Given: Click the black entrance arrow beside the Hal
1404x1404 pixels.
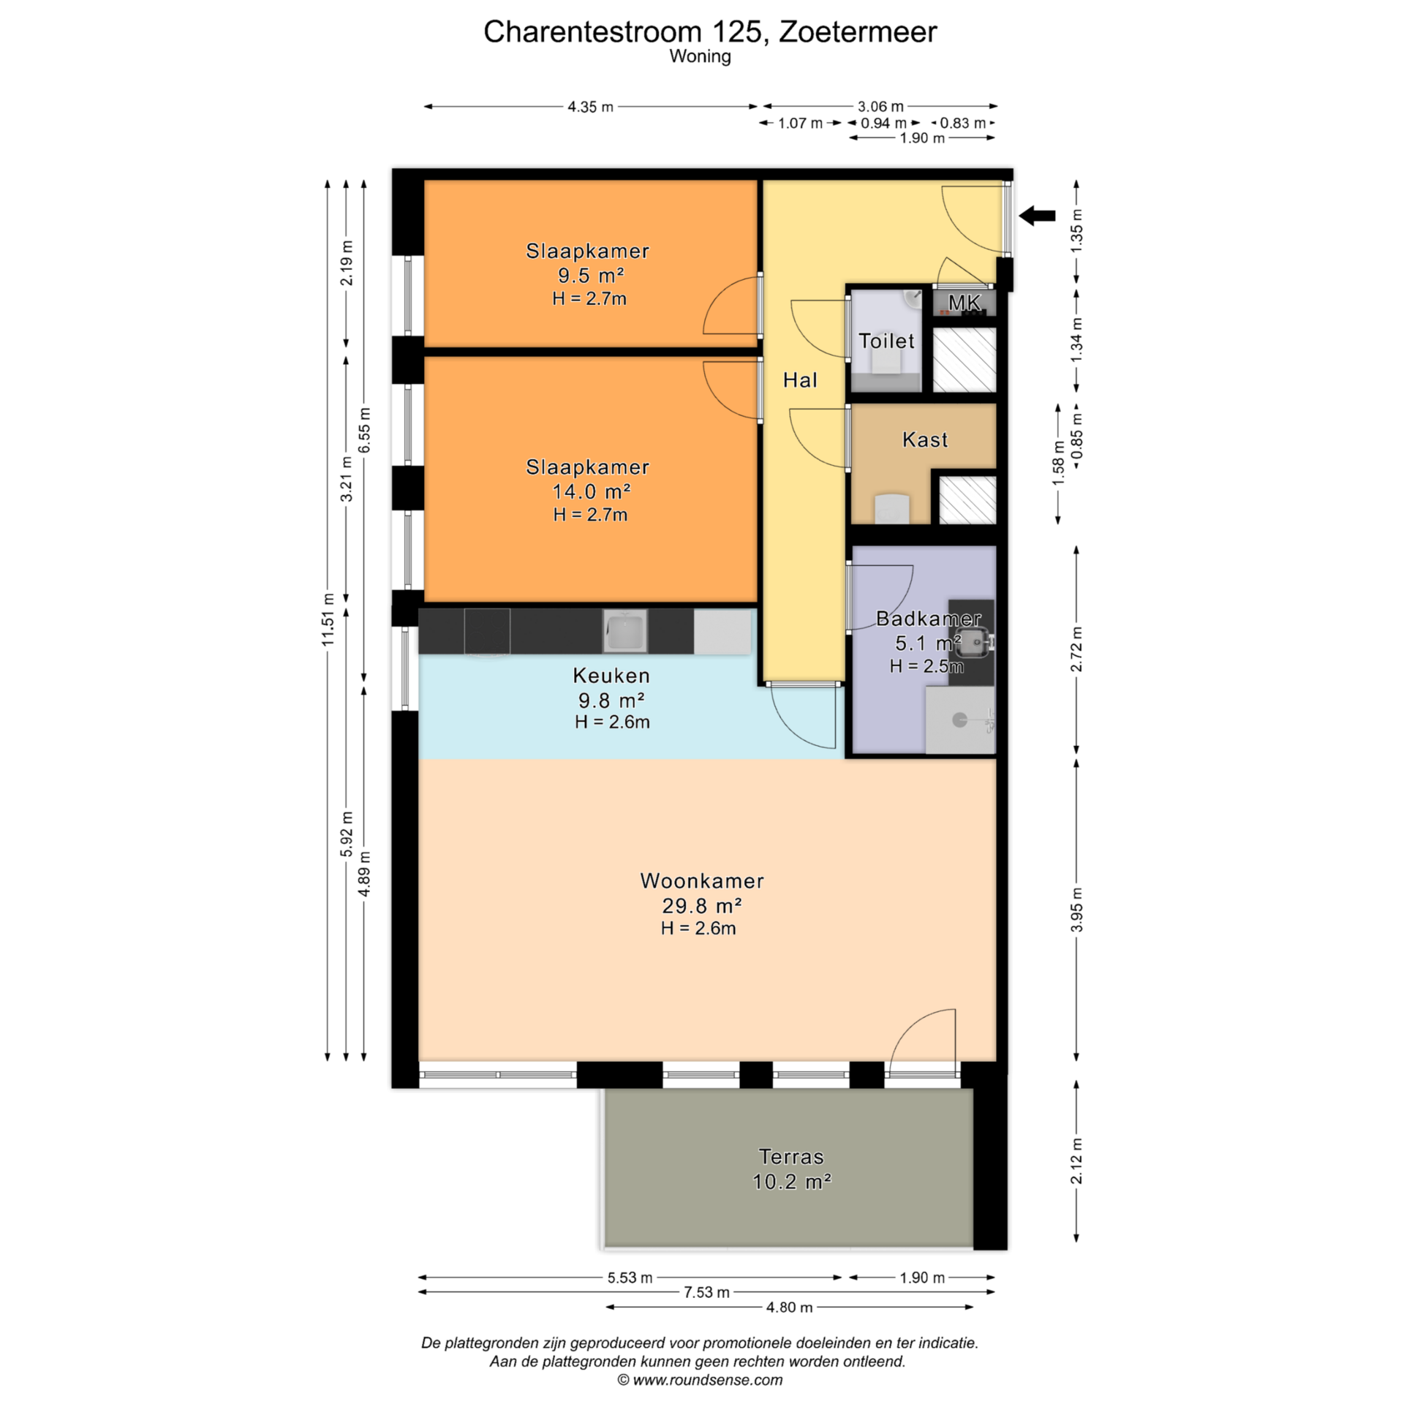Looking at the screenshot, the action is pos(1037,216).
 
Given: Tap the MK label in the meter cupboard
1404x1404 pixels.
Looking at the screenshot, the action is pos(965,303).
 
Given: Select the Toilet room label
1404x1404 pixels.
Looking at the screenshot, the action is pos(886,341).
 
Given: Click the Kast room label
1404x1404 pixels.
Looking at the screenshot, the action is pos(925,439).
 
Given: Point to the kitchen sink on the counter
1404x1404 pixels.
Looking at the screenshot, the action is pos(625,630).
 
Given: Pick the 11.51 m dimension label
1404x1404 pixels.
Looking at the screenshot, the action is pos(328,619).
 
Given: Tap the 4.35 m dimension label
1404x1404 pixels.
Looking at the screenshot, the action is pos(590,107).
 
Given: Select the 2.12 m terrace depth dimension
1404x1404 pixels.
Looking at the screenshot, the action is pos(1076,1160).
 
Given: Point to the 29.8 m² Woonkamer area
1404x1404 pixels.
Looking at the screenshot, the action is pos(702,906).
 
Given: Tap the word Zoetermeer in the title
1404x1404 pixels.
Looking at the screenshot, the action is pos(857,31).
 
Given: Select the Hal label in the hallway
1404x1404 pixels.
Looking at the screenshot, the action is pos(800,380).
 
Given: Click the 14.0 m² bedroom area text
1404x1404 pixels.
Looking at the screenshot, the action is pos(591,491).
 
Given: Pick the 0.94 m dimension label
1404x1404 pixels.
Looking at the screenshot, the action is pos(883,123).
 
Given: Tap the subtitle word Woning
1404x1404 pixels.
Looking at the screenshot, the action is pos(700,56).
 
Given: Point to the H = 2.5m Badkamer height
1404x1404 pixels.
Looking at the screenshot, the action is pos(926,666).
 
